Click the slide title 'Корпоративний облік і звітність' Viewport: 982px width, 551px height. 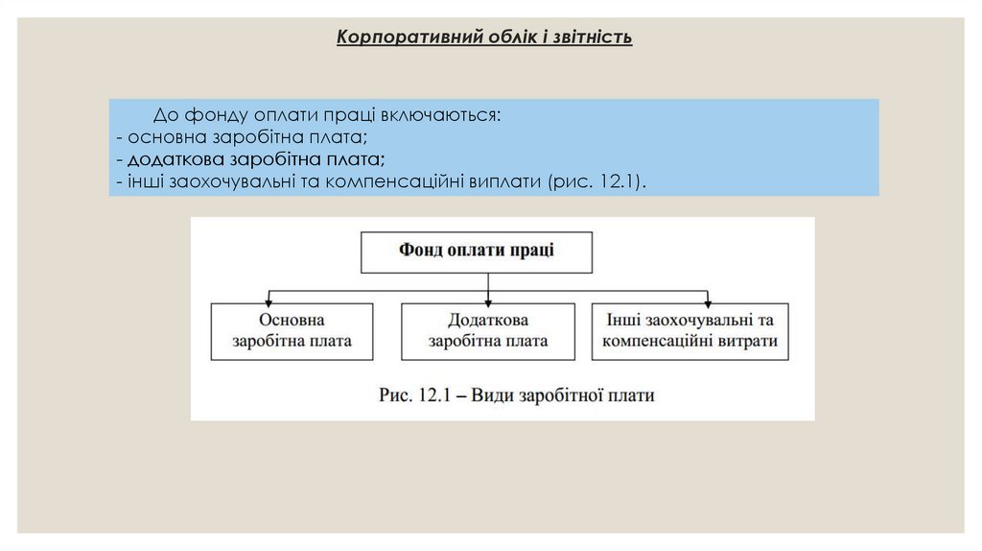click(x=484, y=38)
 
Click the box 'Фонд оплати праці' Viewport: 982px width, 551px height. click(x=477, y=252)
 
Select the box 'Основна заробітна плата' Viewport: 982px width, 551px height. click(x=292, y=331)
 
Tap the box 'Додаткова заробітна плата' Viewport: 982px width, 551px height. click(x=488, y=331)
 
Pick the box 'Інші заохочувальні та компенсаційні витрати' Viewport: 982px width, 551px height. click(x=690, y=331)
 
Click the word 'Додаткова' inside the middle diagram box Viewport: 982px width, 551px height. click(x=488, y=321)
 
